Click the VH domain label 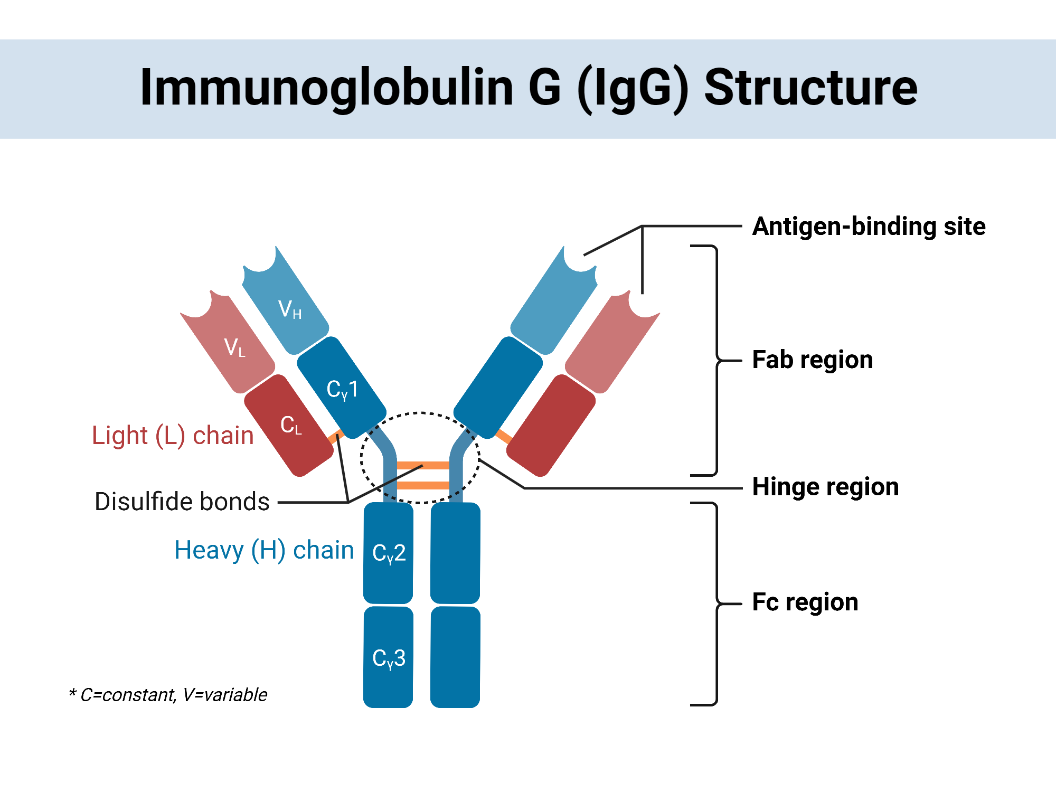click(289, 309)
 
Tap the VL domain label click(234, 347)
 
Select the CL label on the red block click(291, 425)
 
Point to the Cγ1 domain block click(342, 388)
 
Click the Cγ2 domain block click(389, 553)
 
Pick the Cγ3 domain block click(389, 658)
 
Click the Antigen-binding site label click(869, 227)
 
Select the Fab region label click(812, 360)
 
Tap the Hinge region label click(825, 487)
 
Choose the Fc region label click(805, 602)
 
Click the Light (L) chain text click(173, 436)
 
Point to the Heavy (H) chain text click(264, 550)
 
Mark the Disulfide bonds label click(182, 502)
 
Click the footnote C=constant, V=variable click(169, 695)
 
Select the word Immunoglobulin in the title click(326, 88)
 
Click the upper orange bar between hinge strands click(422, 465)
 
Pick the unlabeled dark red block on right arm click(551, 425)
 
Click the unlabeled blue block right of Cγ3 click(455, 658)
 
